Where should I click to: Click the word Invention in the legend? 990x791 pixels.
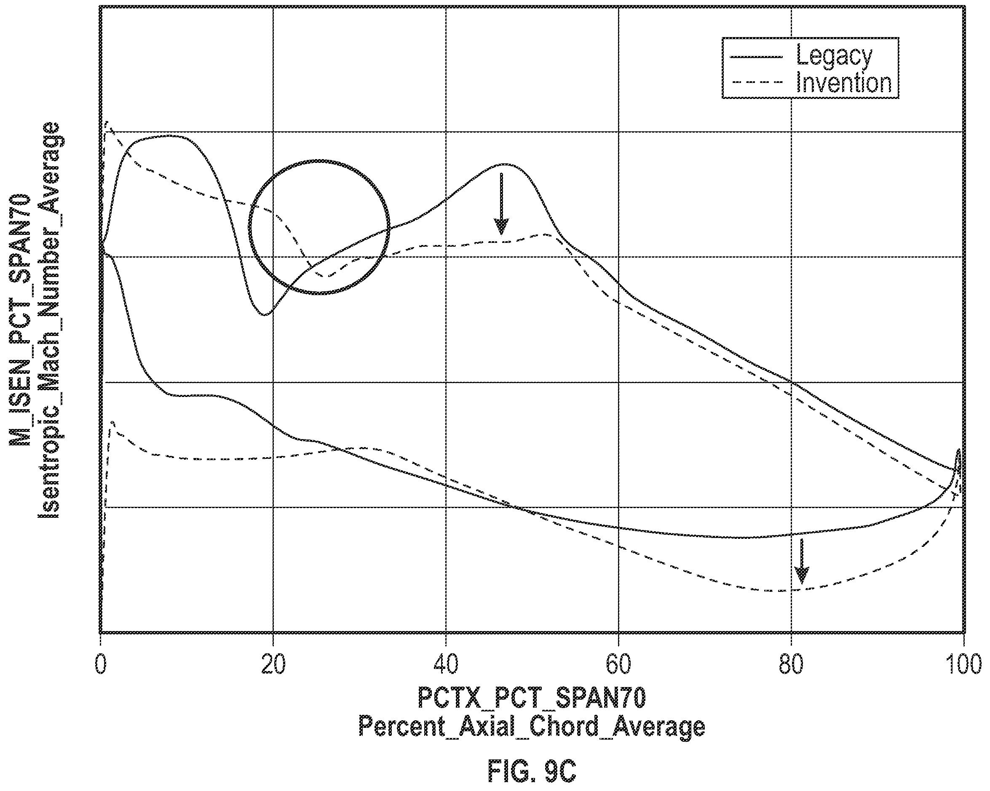click(844, 83)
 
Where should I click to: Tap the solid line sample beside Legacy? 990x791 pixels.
click(756, 57)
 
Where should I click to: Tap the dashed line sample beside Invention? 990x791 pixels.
click(756, 82)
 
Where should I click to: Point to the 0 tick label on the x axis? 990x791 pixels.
click(101, 664)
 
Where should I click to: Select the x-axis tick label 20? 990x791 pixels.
click(273, 664)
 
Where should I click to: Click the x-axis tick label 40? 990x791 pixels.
click(446, 664)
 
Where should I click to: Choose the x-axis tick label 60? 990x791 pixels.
click(618, 664)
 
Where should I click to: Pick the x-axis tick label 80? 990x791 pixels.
click(792, 664)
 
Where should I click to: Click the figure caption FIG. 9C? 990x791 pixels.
click(531, 772)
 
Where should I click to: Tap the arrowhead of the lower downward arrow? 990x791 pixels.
click(802, 575)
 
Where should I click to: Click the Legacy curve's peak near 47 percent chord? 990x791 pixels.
click(505, 164)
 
